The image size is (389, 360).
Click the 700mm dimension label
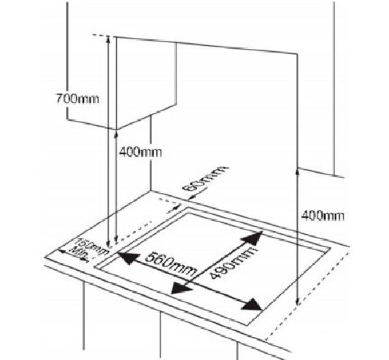pyautogui.click(x=77, y=99)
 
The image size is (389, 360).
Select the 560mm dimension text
pyautogui.click(x=170, y=265)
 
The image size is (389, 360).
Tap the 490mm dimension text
pyautogui.click(x=232, y=263)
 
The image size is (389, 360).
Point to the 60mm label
pyautogui.click(x=204, y=178)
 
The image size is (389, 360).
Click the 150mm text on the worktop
pyautogui.click(x=93, y=246)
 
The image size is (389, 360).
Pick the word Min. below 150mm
pyautogui.click(x=79, y=253)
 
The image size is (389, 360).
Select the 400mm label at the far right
pyautogui.click(x=323, y=216)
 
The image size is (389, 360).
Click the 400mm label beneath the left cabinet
pyautogui.click(x=140, y=151)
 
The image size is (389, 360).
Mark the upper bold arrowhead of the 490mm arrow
pyautogui.click(x=253, y=238)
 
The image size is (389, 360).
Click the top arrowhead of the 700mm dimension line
pyautogui.click(x=108, y=39)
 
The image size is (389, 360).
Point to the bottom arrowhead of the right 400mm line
pyautogui.click(x=297, y=301)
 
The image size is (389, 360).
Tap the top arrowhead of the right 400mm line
pyautogui.click(x=297, y=172)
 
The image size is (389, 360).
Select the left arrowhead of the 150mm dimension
pyautogui.click(x=62, y=252)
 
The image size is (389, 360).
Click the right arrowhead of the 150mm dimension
pyautogui.click(x=84, y=259)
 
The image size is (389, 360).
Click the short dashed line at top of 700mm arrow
pyautogui.click(x=100, y=35)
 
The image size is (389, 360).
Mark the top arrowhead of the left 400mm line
pyautogui.click(x=116, y=135)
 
